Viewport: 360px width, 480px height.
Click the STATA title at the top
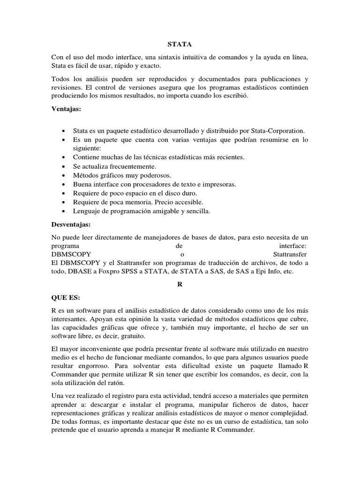(180, 45)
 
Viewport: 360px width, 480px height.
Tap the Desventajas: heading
(71, 225)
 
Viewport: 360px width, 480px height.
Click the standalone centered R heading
(180, 284)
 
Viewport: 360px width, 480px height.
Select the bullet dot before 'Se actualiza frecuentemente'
(63, 166)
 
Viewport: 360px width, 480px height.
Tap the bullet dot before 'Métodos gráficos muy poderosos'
(63, 175)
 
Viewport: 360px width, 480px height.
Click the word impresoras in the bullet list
(220, 184)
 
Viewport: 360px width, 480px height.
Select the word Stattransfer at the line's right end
(290, 254)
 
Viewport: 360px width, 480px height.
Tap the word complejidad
(290, 414)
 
